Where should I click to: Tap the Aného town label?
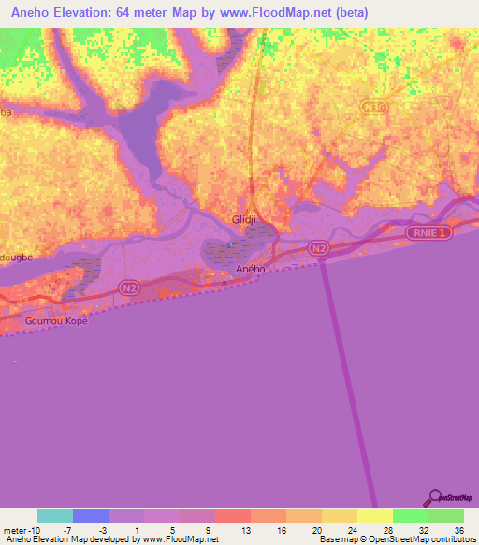[x=250, y=269]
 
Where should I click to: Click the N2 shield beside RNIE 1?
[x=319, y=247]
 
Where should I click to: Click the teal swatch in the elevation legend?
[x=55, y=516]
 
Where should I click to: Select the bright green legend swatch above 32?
[x=411, y=516]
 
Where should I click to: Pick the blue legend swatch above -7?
[x=91, y=516]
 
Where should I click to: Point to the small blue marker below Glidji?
[x=230, y=245]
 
